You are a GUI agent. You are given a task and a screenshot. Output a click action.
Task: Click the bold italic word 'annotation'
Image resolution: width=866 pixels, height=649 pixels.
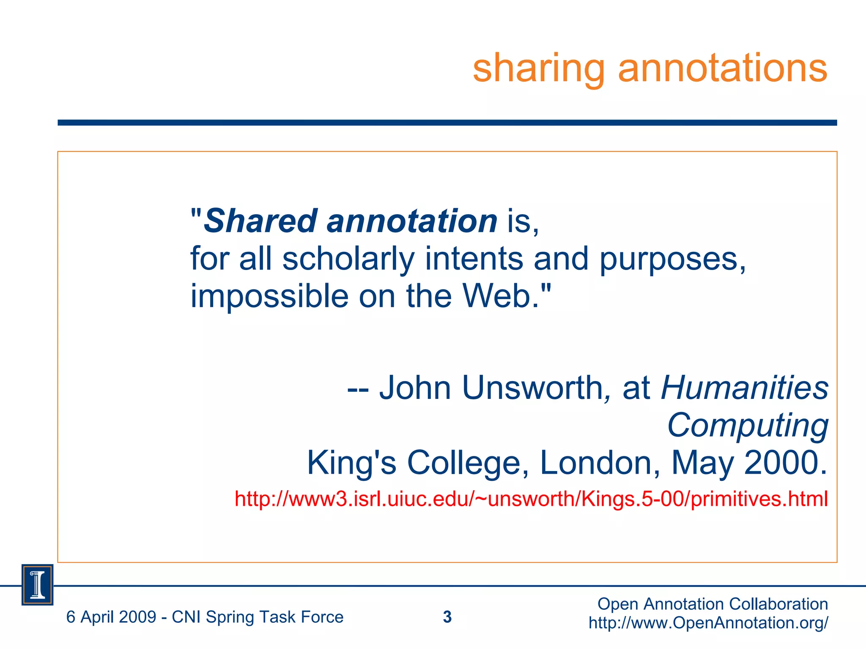(412, 221)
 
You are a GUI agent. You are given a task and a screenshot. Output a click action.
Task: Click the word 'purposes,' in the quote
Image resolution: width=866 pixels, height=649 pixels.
(673, 259)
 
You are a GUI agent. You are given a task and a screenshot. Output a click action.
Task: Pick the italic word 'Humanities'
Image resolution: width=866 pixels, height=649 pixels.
(745, 387)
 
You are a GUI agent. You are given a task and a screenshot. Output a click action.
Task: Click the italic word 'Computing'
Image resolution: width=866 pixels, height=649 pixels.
(748, 425)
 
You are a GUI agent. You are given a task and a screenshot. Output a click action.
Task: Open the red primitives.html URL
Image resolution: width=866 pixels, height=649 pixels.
(531, 499)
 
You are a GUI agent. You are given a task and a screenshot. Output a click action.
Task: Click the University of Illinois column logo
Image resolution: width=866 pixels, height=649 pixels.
(38, 585)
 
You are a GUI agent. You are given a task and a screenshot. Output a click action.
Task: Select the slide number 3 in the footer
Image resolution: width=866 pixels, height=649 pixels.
(447, 617)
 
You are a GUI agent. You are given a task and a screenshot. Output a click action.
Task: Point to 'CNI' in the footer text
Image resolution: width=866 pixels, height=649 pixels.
(186, 617)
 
